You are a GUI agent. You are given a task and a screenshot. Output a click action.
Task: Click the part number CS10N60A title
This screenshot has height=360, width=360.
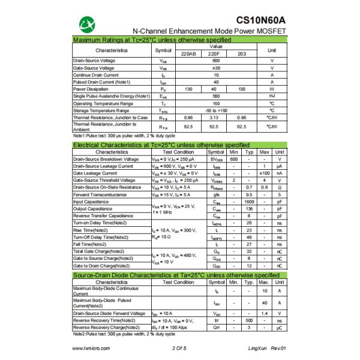(x=259, y=19)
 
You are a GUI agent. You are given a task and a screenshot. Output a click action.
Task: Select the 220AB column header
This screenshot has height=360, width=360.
(x=188, y=54)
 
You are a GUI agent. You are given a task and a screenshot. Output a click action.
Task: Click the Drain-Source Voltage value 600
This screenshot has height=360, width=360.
(x=215, y=61)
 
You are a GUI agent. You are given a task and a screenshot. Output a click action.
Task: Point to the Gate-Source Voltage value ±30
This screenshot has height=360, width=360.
(x=215, y=68)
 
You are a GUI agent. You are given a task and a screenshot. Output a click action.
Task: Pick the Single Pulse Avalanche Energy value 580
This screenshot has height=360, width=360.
(x=215, y=96)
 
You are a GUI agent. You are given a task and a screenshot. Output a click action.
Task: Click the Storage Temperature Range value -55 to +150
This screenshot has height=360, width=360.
(x=215, y=110)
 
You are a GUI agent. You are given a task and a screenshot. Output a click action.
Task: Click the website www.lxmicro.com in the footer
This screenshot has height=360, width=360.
(x=90, y=348)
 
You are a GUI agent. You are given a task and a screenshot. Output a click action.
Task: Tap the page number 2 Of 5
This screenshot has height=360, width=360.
(x=179, y=348)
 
